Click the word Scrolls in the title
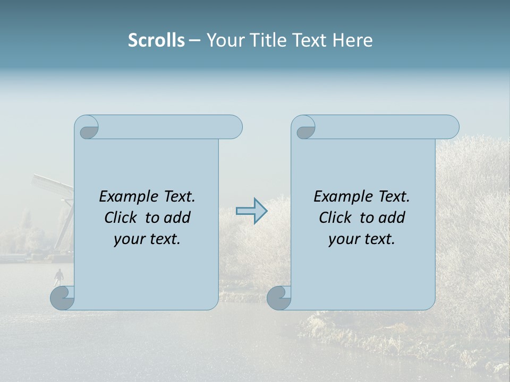coord(156,40)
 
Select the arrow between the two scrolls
coord(251,211)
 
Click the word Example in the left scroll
coord(128,197)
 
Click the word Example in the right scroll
coord(343,197)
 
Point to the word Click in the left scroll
coord(122,218)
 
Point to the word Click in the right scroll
coord(337,218)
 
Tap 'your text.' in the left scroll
coord(147,239)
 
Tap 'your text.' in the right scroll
coord(362,239)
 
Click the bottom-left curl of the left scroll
coord(63,298)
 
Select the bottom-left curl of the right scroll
coord(279,298)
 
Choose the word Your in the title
coord(223,40)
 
